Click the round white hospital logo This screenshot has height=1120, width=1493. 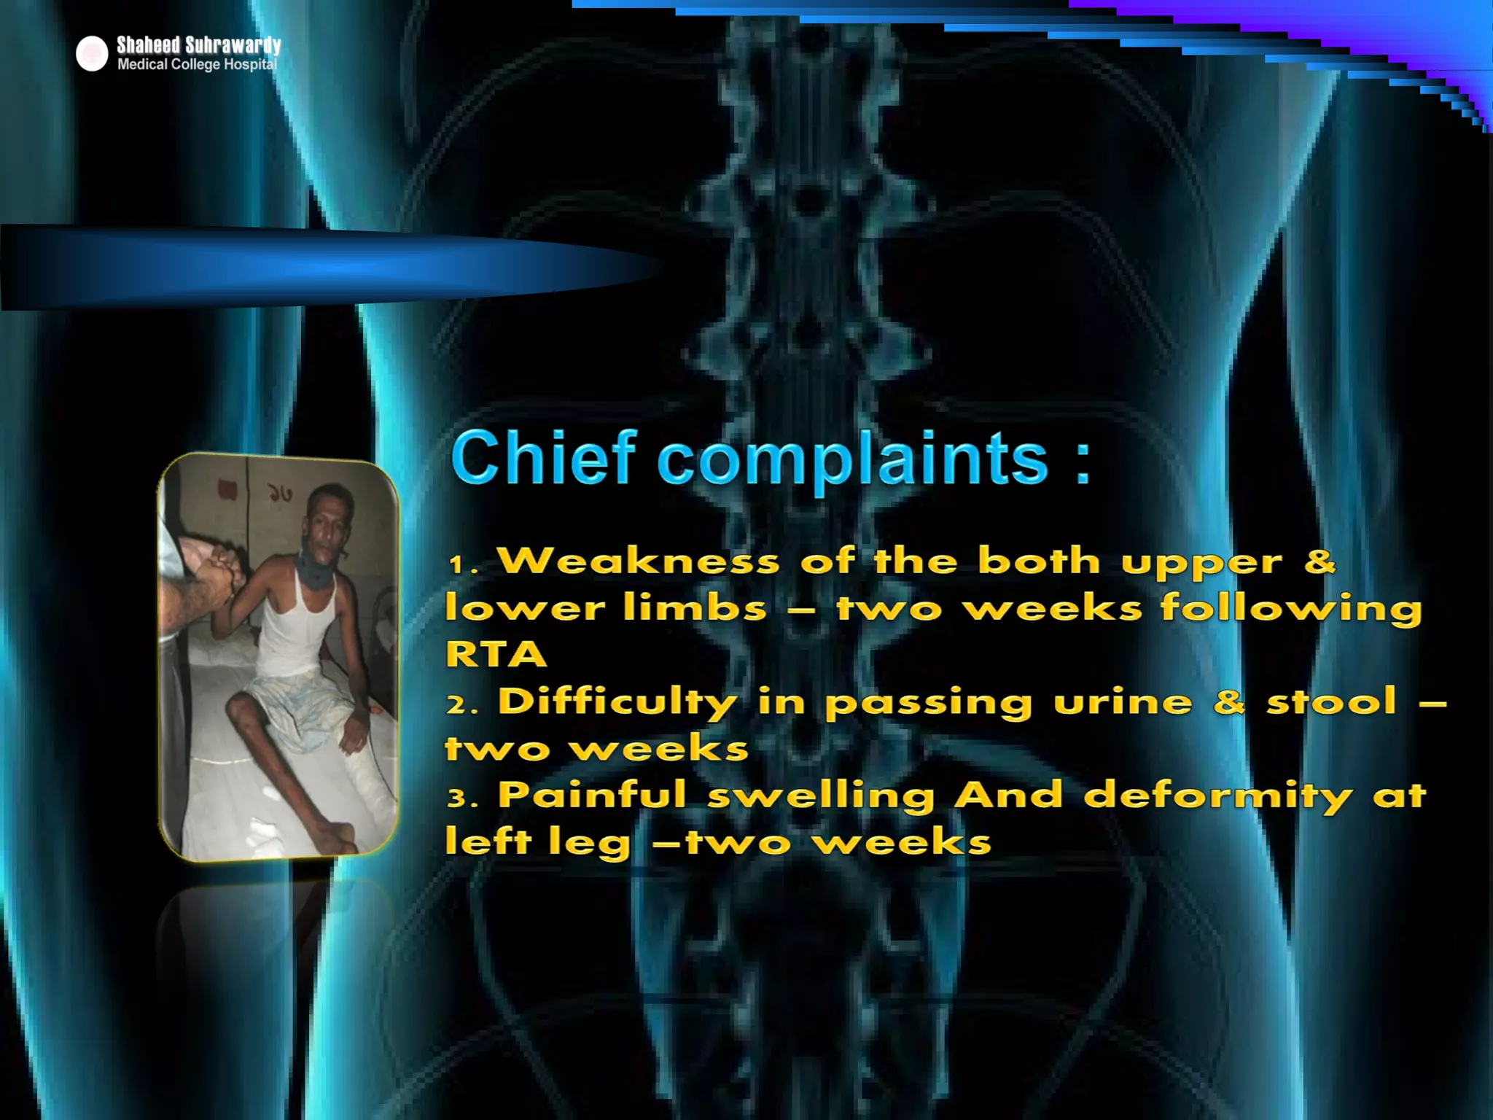point(92,54)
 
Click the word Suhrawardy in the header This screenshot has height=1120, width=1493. point(233,45)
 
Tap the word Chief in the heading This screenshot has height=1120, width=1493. point(544,457)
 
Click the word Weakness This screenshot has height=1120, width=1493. point(639,561)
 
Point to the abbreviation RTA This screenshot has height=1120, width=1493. point(496,654)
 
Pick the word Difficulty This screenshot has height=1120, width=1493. point(617,701)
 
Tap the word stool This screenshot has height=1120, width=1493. point(1331,701)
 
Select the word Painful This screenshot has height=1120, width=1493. point(592,794)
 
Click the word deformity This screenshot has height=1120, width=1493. point(1218,796)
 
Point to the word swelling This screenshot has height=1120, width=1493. point(821,796)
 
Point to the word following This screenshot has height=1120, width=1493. point(1290,608)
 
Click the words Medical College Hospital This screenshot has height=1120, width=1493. point(197,65)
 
